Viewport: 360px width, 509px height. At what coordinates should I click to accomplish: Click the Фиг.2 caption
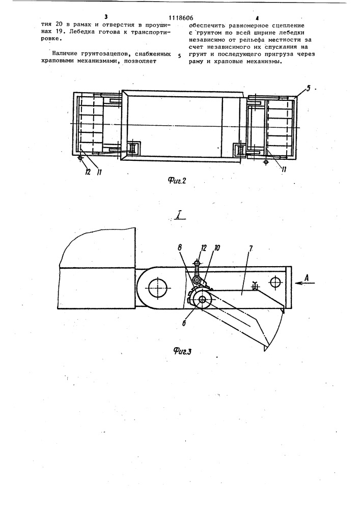177,181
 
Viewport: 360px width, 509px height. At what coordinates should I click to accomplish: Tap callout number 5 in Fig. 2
309,88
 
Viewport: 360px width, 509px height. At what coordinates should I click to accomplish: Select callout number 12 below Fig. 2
87,172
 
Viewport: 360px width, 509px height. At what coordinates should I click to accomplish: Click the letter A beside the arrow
309,277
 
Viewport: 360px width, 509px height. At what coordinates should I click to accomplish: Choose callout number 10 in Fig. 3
217,248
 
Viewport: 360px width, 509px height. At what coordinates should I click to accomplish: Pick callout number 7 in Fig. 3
251,248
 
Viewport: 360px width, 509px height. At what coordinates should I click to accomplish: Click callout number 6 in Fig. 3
184,323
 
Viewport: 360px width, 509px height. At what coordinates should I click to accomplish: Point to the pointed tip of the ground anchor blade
265,351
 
